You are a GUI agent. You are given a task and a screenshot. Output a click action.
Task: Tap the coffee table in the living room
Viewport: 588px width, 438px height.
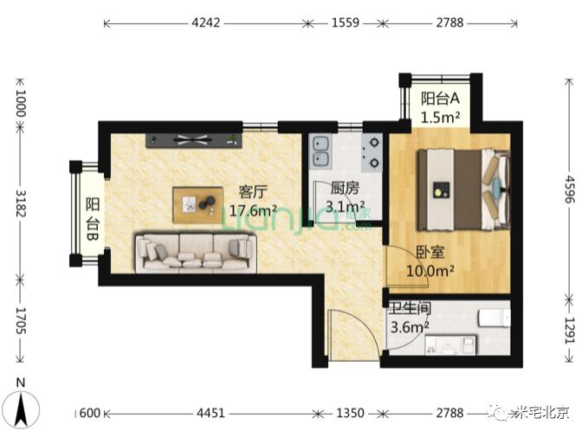197,205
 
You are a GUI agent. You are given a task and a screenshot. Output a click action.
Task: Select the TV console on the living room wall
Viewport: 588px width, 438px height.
193,140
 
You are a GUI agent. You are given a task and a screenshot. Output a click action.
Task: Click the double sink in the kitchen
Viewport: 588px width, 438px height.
321,152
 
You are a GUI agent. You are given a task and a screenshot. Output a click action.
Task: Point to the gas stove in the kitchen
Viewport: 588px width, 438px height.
372,152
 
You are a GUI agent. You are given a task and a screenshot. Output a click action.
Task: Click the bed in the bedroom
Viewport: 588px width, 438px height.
463,190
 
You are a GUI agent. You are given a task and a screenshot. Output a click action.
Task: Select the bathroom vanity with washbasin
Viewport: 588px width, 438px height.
450,345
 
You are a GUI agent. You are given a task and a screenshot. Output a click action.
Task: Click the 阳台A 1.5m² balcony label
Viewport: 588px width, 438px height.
440,108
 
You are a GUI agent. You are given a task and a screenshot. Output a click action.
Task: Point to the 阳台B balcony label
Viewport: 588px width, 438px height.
93,219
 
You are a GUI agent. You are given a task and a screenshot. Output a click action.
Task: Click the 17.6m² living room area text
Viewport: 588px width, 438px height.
253,210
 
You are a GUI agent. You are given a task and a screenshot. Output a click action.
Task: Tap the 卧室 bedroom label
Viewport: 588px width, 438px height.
430,252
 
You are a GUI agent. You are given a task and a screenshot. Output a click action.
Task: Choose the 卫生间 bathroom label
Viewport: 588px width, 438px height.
410,309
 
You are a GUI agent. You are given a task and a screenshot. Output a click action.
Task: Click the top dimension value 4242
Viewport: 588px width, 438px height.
206,23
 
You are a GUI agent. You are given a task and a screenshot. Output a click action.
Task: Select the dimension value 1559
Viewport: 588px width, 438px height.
346,23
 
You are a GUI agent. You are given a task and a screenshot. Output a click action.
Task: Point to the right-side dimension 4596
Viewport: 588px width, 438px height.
570,190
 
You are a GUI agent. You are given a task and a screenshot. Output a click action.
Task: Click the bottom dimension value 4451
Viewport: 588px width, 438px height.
210,413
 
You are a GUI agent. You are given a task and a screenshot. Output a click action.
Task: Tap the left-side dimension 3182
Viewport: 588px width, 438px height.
21,203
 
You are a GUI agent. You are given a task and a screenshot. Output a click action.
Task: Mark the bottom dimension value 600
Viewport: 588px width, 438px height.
90,413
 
